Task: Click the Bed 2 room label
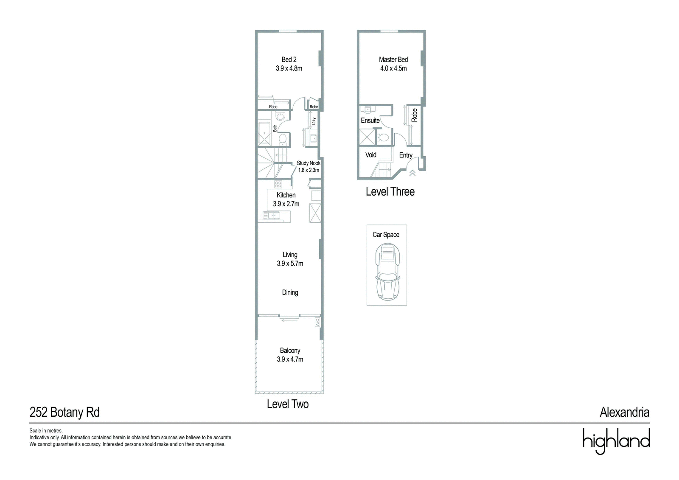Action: click(289, 59)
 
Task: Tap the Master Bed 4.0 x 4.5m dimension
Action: click(393, 68)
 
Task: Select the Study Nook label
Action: click(309, 163)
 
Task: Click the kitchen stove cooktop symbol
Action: click(278, 184)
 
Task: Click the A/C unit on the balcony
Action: click(317, 322)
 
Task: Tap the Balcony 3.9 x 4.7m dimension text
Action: click(290, 359)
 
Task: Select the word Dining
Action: click(290, 292)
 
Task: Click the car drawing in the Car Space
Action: click(387, 272)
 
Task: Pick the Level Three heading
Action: click(390, 192)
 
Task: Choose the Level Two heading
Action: click(288, 404)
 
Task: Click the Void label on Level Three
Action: click(371, 154)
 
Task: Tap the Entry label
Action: click(406, 155)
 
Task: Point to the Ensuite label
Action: click(370, 121)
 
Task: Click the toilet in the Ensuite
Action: click(384, 138)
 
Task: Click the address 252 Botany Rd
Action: click(65, 413)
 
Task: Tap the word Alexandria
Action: click(625, 413)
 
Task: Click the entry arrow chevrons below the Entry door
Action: click(412, 173)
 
